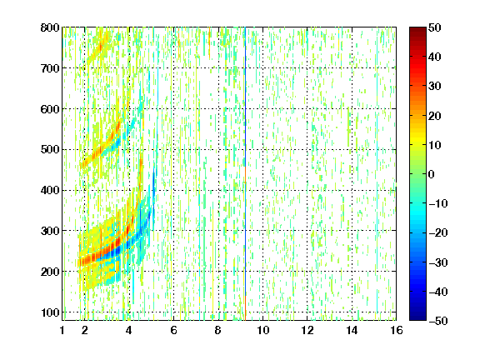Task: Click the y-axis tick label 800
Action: [50, 27]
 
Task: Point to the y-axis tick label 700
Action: [50, 68]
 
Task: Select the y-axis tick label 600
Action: [50, 109]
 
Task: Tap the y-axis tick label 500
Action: [50, 150]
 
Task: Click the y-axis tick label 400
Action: [50, 190]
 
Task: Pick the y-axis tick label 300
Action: [50, 231]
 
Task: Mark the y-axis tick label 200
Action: [50, 272]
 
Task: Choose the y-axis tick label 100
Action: [50, 312]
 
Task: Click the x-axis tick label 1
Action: [62, 330]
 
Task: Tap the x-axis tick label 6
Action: [173, 330]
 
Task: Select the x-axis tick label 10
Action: [262, 330]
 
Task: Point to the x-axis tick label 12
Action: [307, 330]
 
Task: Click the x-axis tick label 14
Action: [352, 330]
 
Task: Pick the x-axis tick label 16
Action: [397, 330]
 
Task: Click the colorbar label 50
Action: [434, 27]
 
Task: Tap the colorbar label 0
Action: [431, 174]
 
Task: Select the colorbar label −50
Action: [437, 321]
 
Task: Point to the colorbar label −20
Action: [437, 232]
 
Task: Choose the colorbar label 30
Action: [434, 87]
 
